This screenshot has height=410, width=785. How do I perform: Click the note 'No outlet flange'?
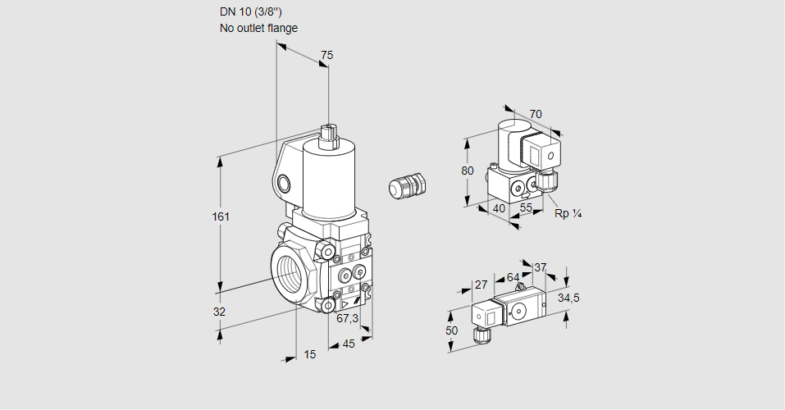click(x=258, y=28)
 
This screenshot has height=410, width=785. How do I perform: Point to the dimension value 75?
click(x=327, y=55)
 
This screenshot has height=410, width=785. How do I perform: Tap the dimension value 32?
click(x=219, y=312)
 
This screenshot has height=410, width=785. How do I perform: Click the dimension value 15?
click(x=309, y=354)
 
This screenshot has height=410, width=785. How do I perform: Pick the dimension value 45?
click(x=349, y=344)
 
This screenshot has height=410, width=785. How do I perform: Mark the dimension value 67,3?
click(x=348, y=318)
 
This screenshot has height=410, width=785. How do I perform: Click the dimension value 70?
click(x=536, y=114)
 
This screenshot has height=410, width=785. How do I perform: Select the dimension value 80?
click(x=468, y=171)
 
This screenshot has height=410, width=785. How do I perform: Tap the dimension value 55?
click(x=527, y=208)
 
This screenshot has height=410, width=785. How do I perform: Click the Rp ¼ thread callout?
click(x=568, y=213)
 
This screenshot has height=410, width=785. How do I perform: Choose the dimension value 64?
click(x=513, y=277)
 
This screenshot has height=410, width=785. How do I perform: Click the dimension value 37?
click(x=540, y=267)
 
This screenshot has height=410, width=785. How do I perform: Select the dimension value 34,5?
click(x=568, y=298)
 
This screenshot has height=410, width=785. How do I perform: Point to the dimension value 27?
click(x=481, y=285)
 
